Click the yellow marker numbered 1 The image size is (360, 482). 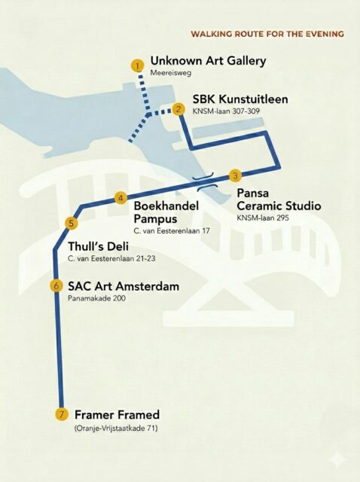coord(137,66)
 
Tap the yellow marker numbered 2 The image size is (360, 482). coord(178,109)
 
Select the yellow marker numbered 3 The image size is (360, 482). coord(235,175)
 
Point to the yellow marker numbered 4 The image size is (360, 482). coord(121,198)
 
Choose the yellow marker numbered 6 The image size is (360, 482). coord(56,285)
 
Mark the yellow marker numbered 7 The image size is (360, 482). coord(62,414)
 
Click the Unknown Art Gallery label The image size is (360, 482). coord(208,60)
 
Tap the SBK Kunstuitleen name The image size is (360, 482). coord(240,99)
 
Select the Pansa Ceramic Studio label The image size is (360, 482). coord(279,200)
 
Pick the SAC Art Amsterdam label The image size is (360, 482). coord(124,286)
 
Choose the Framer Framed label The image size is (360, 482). coord(117,414)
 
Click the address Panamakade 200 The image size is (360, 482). coord(96,299)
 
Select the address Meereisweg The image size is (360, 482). coord(167,73)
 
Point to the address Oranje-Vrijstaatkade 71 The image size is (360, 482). coord(121,428)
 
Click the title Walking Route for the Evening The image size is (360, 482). coord(267,34)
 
